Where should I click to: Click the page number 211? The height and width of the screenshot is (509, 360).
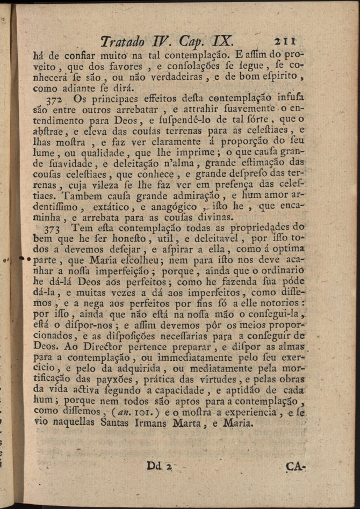pos(285,41)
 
